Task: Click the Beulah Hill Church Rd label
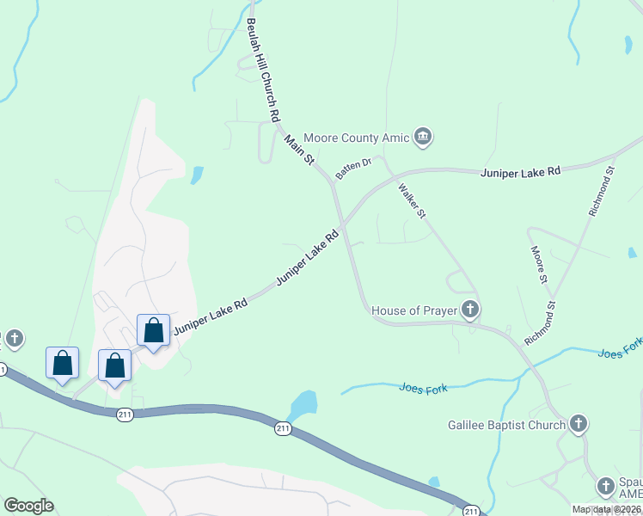tap(263, 69)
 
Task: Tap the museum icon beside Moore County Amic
tap(422, 137)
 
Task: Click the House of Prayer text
tap(414, 310)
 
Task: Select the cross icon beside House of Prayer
tap(469, 310)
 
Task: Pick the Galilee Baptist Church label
tap(507, 424)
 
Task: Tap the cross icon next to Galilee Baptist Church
tap(579, 424)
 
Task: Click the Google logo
tap(28, 506)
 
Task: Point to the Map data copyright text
tap(606, 508)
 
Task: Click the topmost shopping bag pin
tap(153, 330)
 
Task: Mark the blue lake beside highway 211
tap(303, 404)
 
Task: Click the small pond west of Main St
tap(197, 175)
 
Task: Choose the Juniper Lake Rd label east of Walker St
tap(520, 172)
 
